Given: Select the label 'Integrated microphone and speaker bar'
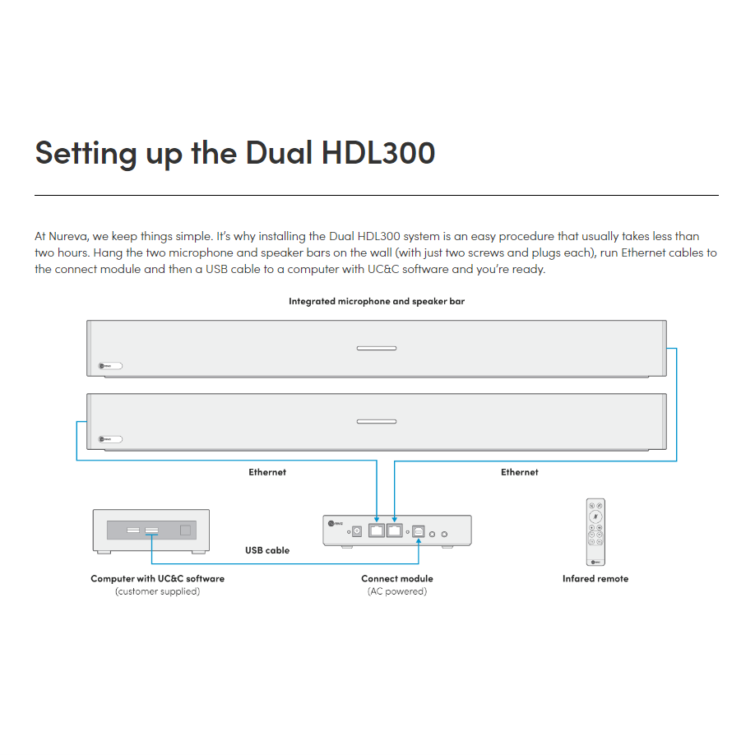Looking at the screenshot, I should point(377,302).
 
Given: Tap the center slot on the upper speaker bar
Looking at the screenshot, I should point(377,349).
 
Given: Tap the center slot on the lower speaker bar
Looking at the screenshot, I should point(377,422).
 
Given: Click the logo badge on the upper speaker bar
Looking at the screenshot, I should point(110,366).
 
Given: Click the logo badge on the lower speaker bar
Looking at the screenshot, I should point(110,439).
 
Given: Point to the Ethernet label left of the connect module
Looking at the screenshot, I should point(267,472).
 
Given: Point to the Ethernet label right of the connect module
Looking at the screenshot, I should point(520,472).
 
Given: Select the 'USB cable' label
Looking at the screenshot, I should point(267,550).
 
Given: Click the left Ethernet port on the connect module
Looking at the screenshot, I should point(377,531).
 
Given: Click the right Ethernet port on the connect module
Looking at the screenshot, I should point(395,531).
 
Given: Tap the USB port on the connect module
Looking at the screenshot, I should point(418,532).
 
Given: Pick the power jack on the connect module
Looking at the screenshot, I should point(358,532).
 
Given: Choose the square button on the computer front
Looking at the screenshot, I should point(185,530).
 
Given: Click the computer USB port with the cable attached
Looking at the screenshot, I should point(152,530).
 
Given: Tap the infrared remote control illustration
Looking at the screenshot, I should point(595,532).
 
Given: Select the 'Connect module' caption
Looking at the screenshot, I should point(397,579).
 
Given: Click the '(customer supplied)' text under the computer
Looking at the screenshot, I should point(157,591).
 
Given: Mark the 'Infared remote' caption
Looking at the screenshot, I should point(595,579).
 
